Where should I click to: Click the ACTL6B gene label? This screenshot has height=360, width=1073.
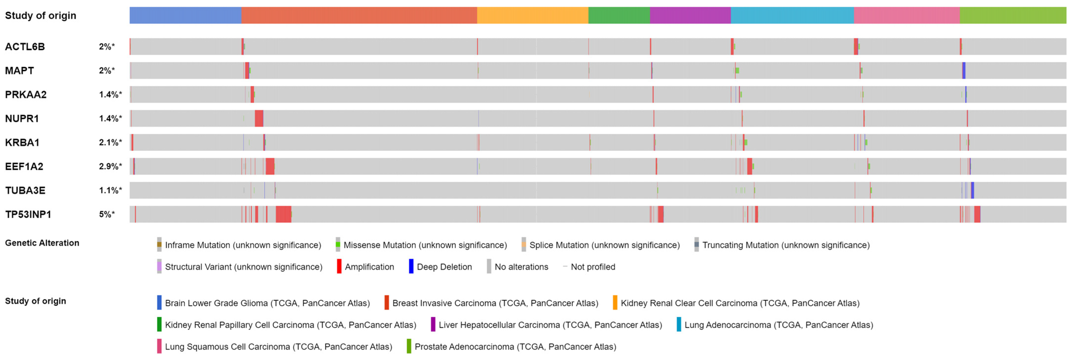pos(25,47)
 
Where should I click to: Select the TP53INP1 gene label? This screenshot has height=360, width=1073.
pos(28,215)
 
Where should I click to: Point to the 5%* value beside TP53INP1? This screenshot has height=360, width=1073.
pos(107,215)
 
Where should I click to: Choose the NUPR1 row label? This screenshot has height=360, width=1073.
pos(22,119)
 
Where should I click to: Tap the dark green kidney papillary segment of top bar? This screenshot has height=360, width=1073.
pos(619,16)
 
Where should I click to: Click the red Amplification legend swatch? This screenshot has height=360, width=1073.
pos(339,267)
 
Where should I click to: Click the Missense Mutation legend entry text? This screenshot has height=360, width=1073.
pos(425,245)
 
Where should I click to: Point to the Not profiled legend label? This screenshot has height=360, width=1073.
pos(593,267)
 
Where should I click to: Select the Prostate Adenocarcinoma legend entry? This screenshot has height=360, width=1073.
pos(515,347)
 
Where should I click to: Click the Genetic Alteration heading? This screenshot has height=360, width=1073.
pos(42,243)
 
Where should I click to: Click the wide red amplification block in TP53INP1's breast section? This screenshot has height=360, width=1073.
pos(283,215)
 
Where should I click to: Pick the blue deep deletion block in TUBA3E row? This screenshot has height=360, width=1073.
pos(972,190)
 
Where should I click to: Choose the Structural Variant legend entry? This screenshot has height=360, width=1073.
pos(243,267)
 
